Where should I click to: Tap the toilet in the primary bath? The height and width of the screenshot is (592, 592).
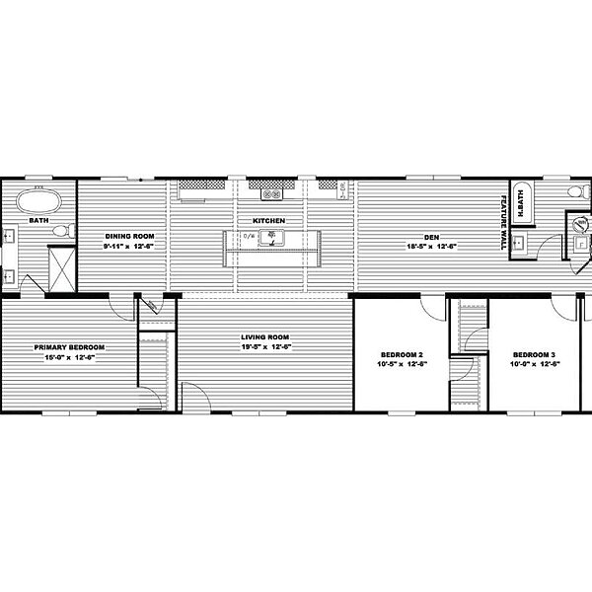pyautogui.click(x=60, y=231)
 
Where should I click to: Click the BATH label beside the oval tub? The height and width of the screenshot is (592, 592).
pyautogui.click(x=39, y=221)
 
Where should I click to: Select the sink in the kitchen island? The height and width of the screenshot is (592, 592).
pyautogui.click(x=270, y=237)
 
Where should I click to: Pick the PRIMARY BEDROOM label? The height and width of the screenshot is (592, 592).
pyautogui.click(x=70, y=347)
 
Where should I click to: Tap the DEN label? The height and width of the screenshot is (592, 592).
pyautogui.click(x=431, y=235)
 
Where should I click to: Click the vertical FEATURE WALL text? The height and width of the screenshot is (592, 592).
pyautogui.click(x=503, y=216)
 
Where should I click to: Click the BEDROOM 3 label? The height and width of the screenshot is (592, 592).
pyautogui.click(x=534, y=354)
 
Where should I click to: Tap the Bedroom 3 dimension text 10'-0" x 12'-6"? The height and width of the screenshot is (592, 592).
pyautogui.click(x=534, y=364)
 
